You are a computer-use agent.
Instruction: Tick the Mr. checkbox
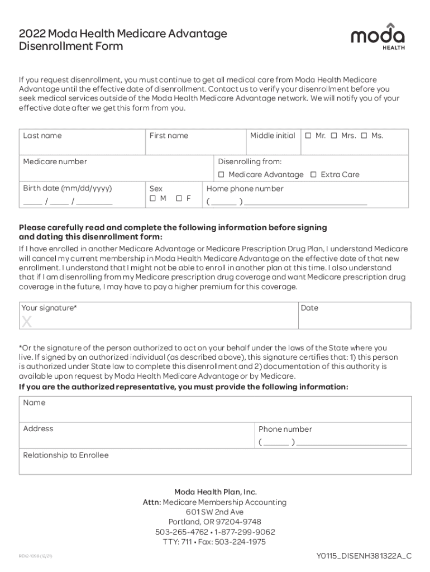308,136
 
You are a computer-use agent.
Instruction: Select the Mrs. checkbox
334,136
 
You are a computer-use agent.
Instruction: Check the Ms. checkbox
364,136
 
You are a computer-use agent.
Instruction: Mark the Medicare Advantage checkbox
221,175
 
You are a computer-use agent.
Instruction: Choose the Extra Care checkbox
313,175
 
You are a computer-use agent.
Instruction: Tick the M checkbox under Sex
152,199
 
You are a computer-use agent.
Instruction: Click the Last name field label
42,136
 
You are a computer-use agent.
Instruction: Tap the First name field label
169,136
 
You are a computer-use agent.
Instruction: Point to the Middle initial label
273,136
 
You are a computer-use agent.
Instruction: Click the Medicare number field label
55,162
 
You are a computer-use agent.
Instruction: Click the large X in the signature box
26,322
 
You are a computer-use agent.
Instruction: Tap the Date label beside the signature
309,308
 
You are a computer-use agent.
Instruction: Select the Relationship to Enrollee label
66,455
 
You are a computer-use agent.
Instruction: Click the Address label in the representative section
38,429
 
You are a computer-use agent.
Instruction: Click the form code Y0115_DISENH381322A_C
364,556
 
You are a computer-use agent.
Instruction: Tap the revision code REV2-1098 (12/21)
35,556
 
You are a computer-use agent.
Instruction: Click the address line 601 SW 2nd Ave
215,512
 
